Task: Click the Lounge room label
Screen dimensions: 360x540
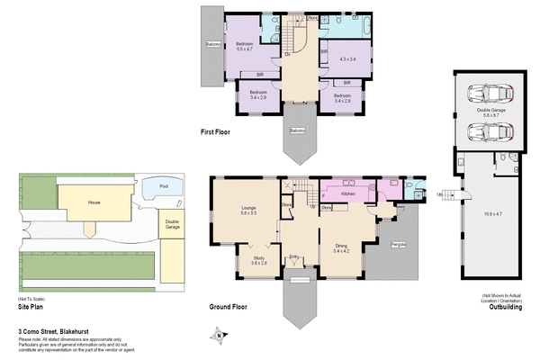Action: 249,210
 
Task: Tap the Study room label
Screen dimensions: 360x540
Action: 258,259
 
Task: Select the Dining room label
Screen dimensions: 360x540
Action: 342,247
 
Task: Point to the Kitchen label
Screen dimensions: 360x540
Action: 349,194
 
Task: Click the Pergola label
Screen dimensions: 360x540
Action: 398,244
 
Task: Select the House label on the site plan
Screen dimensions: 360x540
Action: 94,203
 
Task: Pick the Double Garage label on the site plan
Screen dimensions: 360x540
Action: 172,222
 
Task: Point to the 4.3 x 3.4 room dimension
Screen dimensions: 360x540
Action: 348,59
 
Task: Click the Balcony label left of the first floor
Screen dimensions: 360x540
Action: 213,44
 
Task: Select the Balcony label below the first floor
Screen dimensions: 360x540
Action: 297,130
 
